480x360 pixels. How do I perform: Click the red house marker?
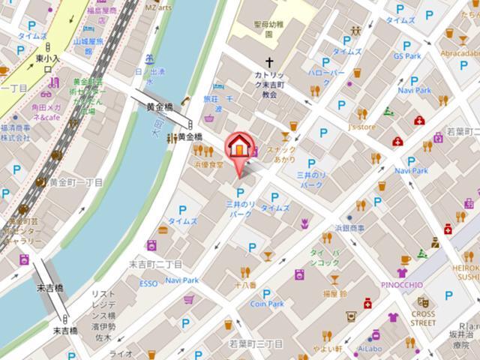(x=239, y=146)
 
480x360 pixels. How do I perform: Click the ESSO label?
(x=148, y=283)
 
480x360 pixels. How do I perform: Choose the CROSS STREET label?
(x=423, y=318)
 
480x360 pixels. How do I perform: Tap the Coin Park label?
(x=267, y=304)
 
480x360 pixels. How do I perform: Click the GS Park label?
(x=407, y=55)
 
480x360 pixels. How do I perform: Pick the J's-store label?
(x=361, y=127)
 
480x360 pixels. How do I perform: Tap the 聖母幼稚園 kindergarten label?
(x=268, y=28)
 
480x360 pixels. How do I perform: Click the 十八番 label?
(x=244, y=285)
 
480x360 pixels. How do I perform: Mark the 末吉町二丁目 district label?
(x=155, y=264)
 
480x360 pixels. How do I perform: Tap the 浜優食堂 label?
(x=208, y=163)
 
